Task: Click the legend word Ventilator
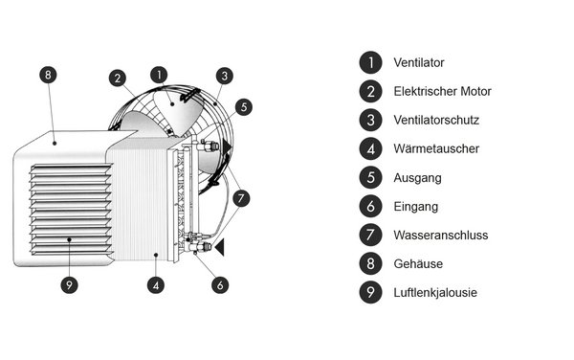tap(419, 63)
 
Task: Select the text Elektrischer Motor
tap(442, 92)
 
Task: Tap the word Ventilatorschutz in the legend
tap(436, 121)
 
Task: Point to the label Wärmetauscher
tap(435, 149)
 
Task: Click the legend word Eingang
tap(415, 207)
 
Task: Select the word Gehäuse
tap(417, 264)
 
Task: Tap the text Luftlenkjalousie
tap(434, 293)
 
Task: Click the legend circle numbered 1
tap(369, 63)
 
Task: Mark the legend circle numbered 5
tap(369, 178)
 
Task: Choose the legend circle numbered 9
tap(369, 293)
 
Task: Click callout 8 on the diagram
tap(50, 74)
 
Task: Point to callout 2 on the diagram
tap(116, 79)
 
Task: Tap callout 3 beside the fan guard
tap(223, 75)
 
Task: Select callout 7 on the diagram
tap(242, 198)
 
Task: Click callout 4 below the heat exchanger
tap(156, 284)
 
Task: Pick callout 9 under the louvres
tap(68, 284)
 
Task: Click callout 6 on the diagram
tap(220, 284)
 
